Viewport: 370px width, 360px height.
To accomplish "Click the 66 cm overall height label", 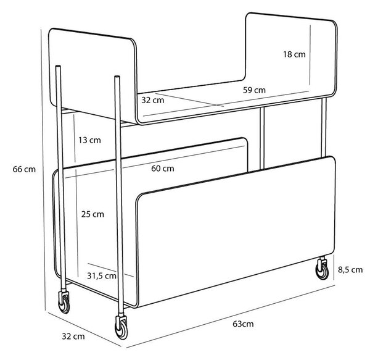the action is click(24, 169).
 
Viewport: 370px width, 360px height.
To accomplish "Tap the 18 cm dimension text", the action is click(294, 54).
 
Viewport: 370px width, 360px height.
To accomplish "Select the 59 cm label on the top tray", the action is click(254, 90).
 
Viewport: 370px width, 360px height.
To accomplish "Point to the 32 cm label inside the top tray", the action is click(153, 100).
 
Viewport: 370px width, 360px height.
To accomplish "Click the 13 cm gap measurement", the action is click(89, 140).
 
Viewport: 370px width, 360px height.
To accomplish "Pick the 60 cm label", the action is click(163, 169).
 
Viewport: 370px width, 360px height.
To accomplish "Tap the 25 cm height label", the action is click(92, 214).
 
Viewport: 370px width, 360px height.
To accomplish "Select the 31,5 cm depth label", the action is click(102, 275).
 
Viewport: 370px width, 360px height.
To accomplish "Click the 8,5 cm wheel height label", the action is click(350, 270).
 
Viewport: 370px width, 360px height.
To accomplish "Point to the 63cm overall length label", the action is click(243, 324).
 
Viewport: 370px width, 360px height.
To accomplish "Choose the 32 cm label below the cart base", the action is click(73, 337).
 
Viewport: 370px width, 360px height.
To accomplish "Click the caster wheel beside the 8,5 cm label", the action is click(322, 270).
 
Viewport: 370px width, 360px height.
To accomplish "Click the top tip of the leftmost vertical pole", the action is click(58, 66).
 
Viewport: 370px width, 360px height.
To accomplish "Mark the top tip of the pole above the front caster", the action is click(117, 76).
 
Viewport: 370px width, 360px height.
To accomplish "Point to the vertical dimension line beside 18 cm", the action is click(310, 55).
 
